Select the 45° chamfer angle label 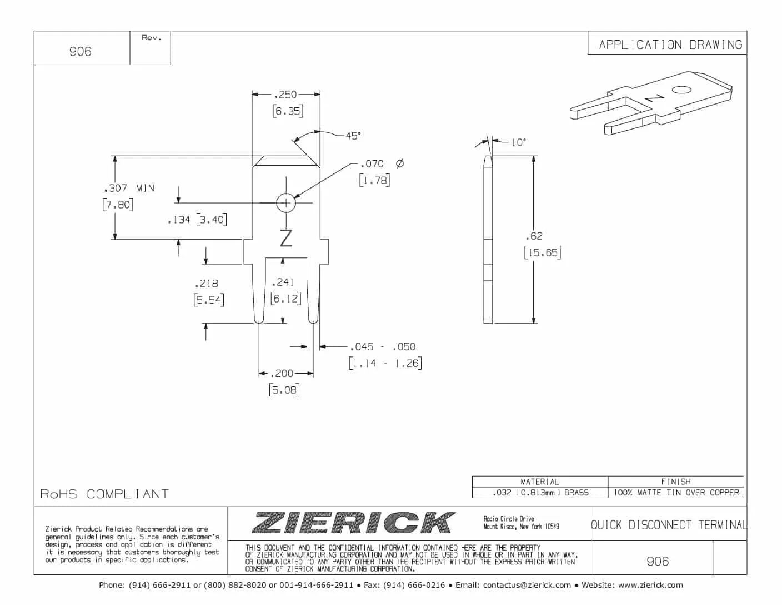pyautogui.click(x=353, y=136)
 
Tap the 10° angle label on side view pyautogui.click(x=518, y=142)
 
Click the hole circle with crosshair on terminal pyautogui.click(x=286, y=203)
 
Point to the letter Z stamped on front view pyautogui.click(x=286, y=238)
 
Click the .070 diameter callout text pyautogui.click(x=372, y=164)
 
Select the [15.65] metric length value pyautogui.click(x=542, y=253)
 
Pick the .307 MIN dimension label pyautogui.click(x=129, y=189)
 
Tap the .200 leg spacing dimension pyautogui.click(x=283, y=374)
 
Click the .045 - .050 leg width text pyautogui.click(x=383, y=347)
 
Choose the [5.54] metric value pyautogui.click(x=209, y=300)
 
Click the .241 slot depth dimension pyautogui.click(x=283, y=282)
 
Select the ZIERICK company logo pyautogui.click(x=354, y=523)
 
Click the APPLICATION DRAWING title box pyautogui.click(x=670, y=44)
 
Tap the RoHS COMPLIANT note pyautogui.click(x=104, y=494)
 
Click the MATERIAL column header pyautogui.click(x=539, y=482)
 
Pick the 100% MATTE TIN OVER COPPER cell pyautogui.click(x=676, y=493)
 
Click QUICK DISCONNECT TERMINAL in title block pyautogui.click(x=669, y=525)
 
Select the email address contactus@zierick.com pyautogui.click(x=527, y=585)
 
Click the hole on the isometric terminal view pyautogui.click(x=681, y=90)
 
